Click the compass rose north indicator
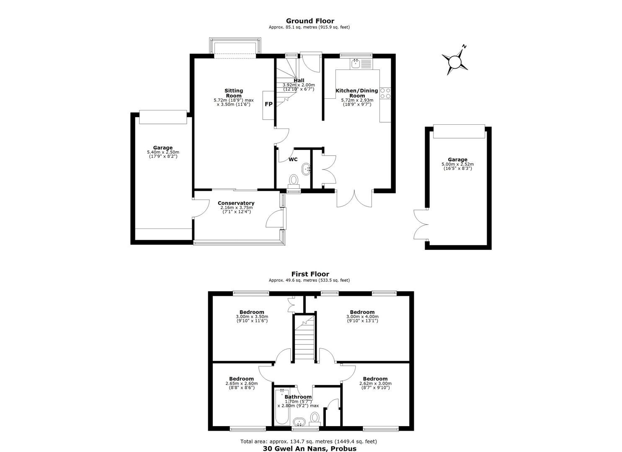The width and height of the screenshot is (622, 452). [x=455, y=62]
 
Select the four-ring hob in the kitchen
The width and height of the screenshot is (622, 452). [x=385, y=93]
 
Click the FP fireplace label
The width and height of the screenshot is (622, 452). [x=268, y=104]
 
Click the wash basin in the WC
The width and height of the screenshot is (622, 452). [x=306, y=169]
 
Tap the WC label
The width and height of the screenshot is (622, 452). [x=293, y=159]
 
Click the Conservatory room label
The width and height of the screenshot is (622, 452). [x=236, y=203]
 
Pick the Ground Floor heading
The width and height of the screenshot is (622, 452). [x=310, y=21]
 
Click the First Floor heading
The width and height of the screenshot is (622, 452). [x=310, y=274]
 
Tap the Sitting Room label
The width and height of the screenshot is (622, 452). [x=234, y=93]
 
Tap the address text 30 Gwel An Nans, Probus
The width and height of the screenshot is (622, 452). [x=310, y=449]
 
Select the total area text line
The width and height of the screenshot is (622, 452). [x=309, y=442]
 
